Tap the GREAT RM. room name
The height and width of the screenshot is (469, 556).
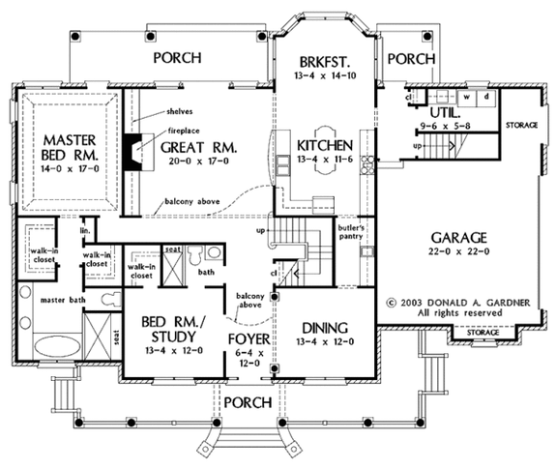198,147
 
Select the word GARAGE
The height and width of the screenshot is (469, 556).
460,237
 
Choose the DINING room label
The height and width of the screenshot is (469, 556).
322,327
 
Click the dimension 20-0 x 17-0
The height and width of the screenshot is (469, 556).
198,163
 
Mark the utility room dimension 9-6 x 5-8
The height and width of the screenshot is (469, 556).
445,126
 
